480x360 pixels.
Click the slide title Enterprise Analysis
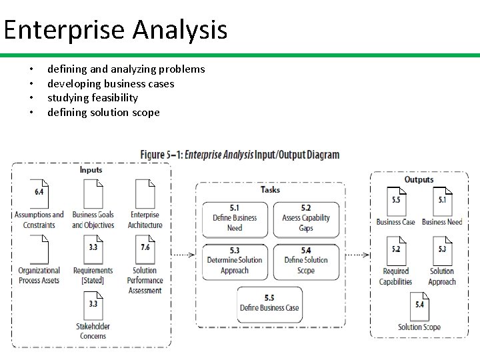[115, 30]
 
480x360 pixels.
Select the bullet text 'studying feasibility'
[93, 98]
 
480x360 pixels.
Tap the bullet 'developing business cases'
[111, 83]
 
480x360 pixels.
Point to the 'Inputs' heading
[91, 170]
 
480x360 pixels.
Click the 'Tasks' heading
[270, 189]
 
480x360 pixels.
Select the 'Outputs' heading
[419, 179]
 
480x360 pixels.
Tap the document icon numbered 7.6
[145, 249]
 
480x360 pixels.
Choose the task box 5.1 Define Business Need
[235, 218]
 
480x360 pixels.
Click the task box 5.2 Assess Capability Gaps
[306, 218]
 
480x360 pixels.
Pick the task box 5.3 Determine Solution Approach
[235, 261]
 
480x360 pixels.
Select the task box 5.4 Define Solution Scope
[306, 261]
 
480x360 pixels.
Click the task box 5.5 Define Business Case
[269, 303]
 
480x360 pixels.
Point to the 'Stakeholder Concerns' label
[93, 331]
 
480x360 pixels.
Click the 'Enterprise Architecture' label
[145, 220]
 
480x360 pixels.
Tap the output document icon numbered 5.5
[396, 201]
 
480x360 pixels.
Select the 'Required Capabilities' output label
[396, 277]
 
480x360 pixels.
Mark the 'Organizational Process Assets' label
[39, 275]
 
